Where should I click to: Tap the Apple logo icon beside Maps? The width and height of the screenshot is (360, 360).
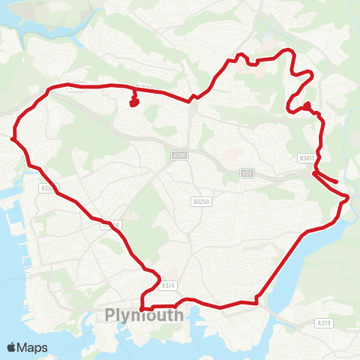(x=12, y=347)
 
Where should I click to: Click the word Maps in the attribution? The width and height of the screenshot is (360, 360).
(x=33, y=347)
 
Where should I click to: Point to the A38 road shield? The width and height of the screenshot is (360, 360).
(x=246, y=173)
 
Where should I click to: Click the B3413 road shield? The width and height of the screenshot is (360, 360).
(x=306, y=158)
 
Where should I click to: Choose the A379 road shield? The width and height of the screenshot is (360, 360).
(x=323, y=323)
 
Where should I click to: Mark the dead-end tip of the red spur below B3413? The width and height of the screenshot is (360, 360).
(x=337, y=181)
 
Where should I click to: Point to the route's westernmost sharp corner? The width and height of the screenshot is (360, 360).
(x=13, y=139)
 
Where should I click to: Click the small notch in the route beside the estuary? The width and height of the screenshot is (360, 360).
(x=256, y=299)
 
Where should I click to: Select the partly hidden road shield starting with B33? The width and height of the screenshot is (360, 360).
(x=48, y=188)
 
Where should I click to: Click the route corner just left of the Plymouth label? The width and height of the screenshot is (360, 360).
(x=141, y=307)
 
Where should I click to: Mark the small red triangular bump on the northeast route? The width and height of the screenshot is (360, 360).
(x=307, y=106)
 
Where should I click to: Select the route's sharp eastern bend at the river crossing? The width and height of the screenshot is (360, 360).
(x=347, y=198)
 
